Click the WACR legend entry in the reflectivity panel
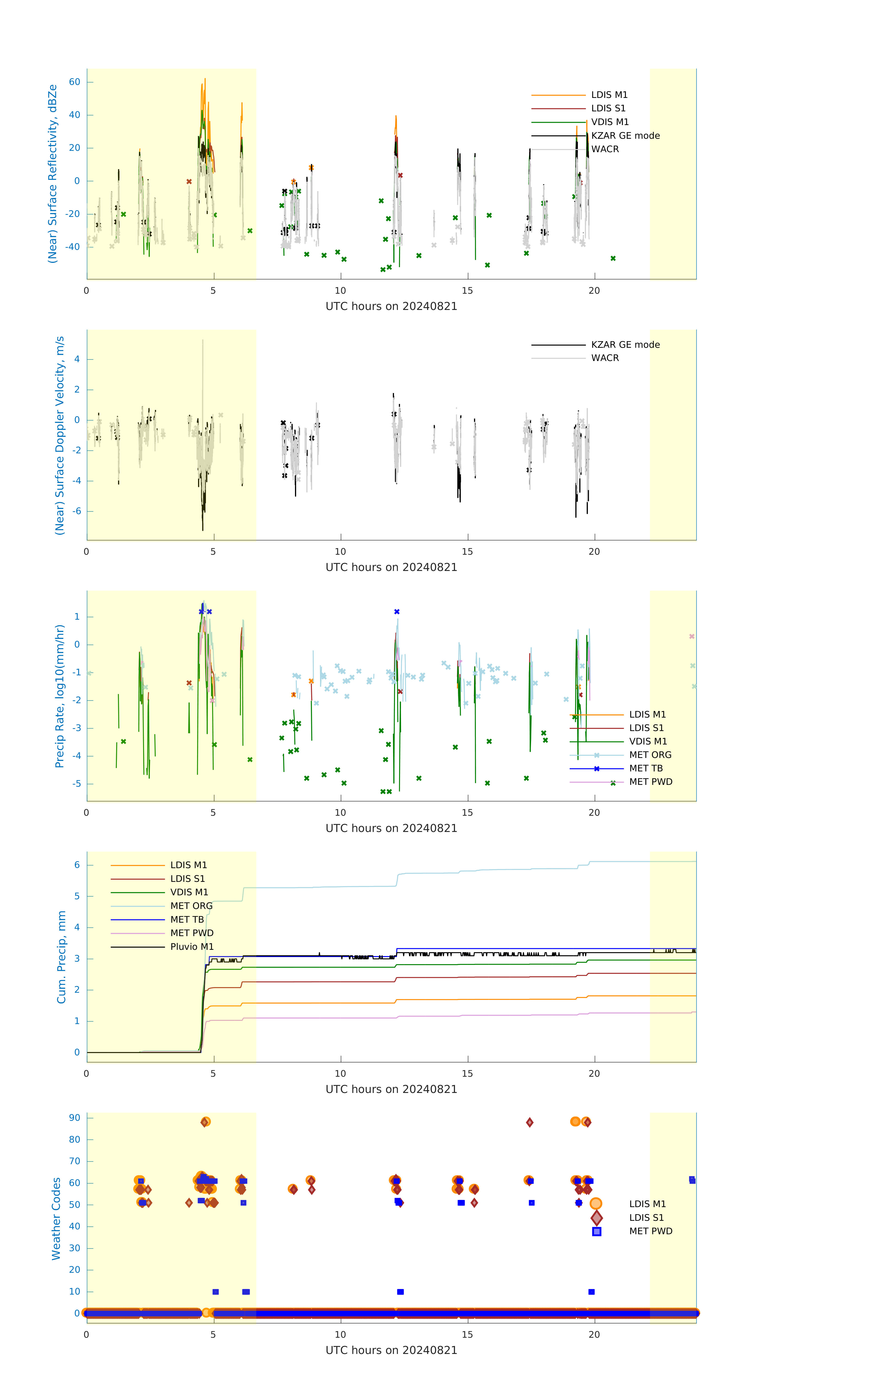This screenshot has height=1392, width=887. pos(604,149)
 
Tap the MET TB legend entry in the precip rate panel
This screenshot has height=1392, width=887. pos(645,768)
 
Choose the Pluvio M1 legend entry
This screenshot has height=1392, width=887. pos(192,947)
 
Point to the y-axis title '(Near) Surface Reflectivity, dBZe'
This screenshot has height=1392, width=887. pos(53,174)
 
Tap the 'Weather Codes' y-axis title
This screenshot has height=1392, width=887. pos(56,1218)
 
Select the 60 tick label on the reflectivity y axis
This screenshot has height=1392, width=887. pos(74,82)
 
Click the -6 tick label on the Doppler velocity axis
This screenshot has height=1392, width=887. pos(76,511)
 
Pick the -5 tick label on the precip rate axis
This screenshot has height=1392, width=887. pos(76,784)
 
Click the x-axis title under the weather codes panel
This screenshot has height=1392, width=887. pos(391,1350)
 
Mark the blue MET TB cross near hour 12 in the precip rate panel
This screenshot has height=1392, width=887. pos(397,612)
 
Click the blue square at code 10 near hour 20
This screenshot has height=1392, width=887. pos(591,1291)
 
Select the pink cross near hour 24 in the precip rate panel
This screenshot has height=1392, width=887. pos(692,636)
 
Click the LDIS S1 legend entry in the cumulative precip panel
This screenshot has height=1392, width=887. pos(187,879)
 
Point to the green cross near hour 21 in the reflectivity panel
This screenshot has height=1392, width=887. pos(613,258)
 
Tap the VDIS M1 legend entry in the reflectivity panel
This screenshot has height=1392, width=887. pos(610,122)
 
